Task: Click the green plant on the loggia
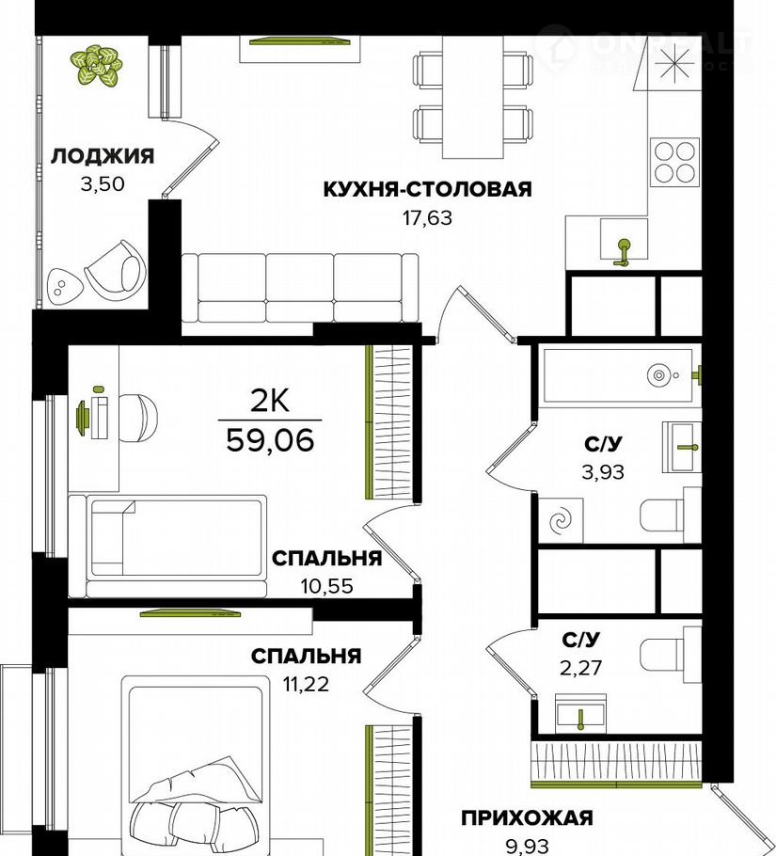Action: pyautogui.click(x=97, y=66)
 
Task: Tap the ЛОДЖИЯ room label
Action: pyautogui.click(x=103, y=157)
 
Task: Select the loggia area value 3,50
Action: pyautogui.click(x=103, y=184)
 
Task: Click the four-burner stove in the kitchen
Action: pyautogui.click(x=674, y=162)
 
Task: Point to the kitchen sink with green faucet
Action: pyautogui.click(x=624, y=239)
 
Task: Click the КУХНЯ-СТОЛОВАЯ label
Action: pyautogui.click(x=427, y=189)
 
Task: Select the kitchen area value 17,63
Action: pyautogui.click(x=427, y=218)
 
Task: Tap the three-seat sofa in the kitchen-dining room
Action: pyautogui.click(x=300, y=288)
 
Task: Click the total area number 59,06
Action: pyautogui.click(x=270, y=439)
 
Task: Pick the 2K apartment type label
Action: pyautogui.click(x=270, y=403)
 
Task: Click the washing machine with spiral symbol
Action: pyautogui.click(x=561, y=521)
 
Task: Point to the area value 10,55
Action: pyautogui.click(x=327, y=586)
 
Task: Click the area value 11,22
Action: pyautogui.click(x=306, y=684)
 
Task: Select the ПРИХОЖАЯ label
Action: pyautogui.click(x=527, y=817)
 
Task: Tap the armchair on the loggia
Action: pyautogui.click(x=117, y=267)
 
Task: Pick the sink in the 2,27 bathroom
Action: pyautogui.click(x=581, y=712)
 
